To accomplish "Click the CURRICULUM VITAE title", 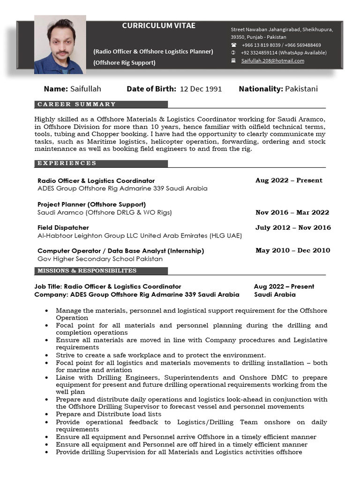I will (159, 26).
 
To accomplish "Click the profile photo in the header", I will (60, 45).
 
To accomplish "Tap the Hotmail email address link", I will (272, 61).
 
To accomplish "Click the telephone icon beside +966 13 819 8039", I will (233, 45).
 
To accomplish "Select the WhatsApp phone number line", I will (284, 53).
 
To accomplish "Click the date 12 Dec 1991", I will (201, 89).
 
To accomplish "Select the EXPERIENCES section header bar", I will (101, 164).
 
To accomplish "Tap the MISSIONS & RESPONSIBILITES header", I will (87, 271).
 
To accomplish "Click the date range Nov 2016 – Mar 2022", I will (292, 212).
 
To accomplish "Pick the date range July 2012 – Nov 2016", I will (293, 228).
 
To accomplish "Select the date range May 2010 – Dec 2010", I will (292, 250).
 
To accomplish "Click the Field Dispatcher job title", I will (63, 228).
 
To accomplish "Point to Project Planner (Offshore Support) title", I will (91, 204).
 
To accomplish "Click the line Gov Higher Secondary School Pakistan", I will (100, 259).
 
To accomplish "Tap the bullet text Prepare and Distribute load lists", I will (108, 414).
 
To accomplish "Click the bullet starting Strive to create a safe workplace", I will (160, 355).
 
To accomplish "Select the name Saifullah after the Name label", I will (85, 89).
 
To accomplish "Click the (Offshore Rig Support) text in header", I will (124, 62).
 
